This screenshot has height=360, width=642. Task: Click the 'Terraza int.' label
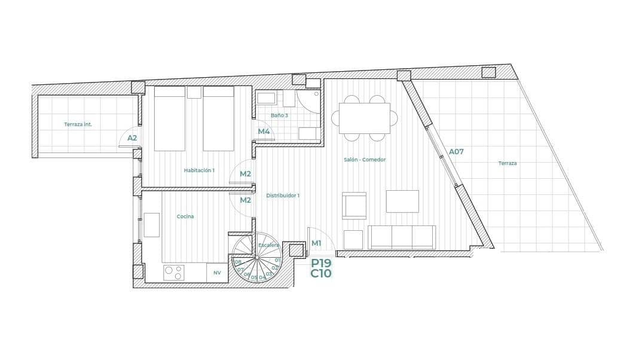coord(78,124)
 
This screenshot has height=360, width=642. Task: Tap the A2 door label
coord(132,138)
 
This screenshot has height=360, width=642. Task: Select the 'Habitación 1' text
coord(199,170)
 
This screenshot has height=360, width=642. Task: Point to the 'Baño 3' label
coord(279,115)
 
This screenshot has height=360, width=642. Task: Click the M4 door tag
coord(264,132)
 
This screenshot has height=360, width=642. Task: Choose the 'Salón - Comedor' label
coord(365,160)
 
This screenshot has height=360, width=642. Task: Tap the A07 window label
coord(456,152)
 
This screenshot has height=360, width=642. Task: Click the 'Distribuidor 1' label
coord(283,196)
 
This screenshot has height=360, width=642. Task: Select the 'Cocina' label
coord(185,216)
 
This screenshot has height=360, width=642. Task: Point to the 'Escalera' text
coord(268,245)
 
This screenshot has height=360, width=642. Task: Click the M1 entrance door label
coord(316,243)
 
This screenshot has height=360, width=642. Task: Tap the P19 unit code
coord(321,263)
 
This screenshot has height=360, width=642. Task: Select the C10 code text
coord(321,274)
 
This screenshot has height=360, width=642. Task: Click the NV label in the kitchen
coord(217,273)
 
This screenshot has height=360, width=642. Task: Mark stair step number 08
coord(238,262)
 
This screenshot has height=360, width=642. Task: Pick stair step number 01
coord(277,260)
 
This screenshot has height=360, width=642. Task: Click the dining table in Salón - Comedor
coord(364,118)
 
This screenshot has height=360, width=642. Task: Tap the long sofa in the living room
coord(402,237)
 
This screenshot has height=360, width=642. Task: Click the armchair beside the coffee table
coord(354,206)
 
